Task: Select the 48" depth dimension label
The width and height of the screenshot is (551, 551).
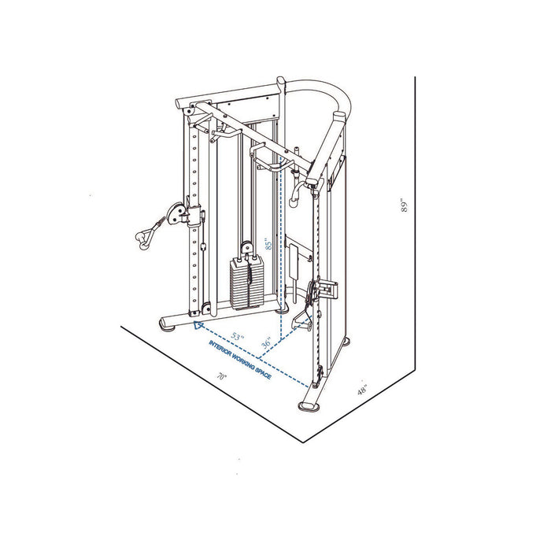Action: click(363, 390)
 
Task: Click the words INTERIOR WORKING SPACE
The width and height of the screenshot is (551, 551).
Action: click(240, 361)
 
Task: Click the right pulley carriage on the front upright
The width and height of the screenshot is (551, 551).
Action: click(322, 290)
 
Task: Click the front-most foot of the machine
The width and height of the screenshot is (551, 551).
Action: click(309, 404)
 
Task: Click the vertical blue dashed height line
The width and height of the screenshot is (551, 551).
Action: click(282, 236)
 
